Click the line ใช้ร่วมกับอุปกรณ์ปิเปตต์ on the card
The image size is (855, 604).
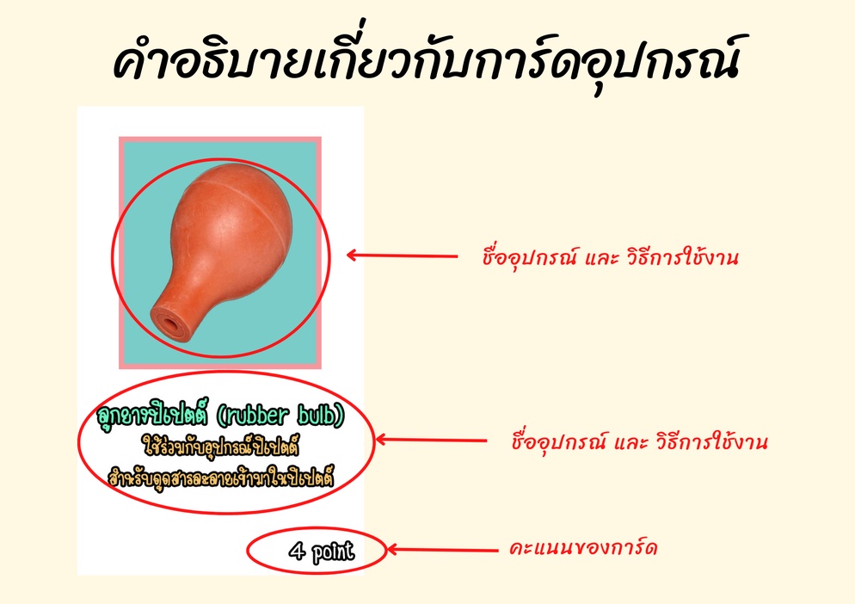tap(221, 447)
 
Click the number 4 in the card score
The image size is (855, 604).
tap(297, 551)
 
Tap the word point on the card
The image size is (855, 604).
tap(333, 552)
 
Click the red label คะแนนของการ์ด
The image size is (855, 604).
tap(583, 548)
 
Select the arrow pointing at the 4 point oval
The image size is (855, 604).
tap(441, 550)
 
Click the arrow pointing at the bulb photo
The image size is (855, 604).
tap(402, 256)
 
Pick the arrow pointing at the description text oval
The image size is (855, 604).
tap(431, 440)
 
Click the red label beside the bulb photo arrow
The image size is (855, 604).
tap(610, 256)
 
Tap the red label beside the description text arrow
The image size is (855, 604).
tap(640, 441)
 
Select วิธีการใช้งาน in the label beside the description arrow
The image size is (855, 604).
tap(711, 441)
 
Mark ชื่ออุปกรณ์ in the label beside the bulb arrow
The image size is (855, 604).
tap(529, 257)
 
